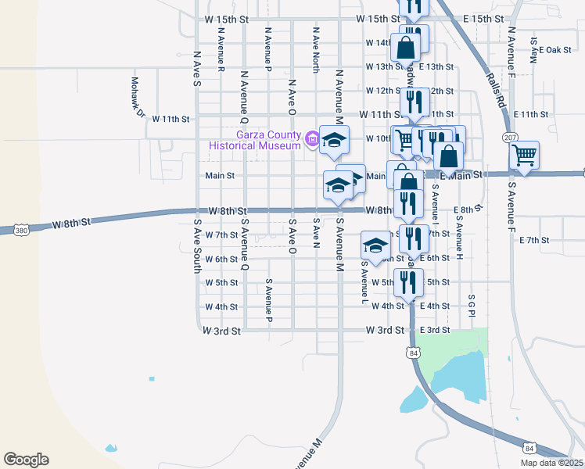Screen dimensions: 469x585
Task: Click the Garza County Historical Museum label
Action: click(255, 140)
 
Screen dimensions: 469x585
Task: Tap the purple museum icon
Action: click(313, 140)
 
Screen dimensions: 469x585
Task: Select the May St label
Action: click(534, 49)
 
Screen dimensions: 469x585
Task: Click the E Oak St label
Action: click(556, 50)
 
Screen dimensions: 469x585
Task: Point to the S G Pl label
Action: click(472, 306)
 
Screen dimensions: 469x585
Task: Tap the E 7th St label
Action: click(535, 240)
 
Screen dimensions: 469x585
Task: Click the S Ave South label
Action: click(196, 247)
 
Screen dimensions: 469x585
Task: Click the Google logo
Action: click(26, 460)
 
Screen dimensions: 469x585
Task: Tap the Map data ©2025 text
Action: click(551, 463)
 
